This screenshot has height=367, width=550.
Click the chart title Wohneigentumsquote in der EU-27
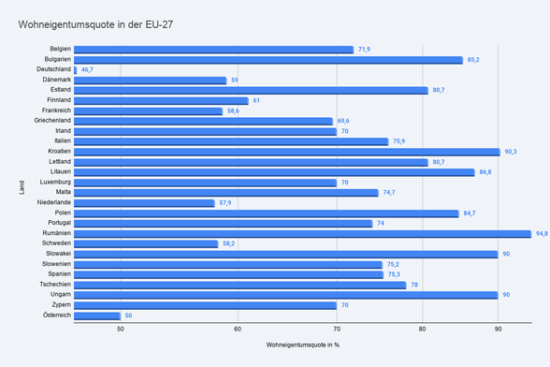[95, 24]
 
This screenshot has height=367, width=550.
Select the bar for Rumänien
[303, 234]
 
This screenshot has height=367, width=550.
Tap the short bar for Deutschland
[76, 70]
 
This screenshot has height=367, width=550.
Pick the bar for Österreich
[97, 316]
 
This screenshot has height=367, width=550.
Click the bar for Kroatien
[287, 152]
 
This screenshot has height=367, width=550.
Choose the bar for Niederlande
[144, 203]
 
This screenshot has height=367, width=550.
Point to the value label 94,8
[542, 233]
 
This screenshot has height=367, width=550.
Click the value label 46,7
[87, 69]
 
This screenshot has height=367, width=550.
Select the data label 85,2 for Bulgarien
[473, 60]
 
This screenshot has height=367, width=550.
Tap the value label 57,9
[225, 202]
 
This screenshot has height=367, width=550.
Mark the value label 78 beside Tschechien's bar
[414, 285]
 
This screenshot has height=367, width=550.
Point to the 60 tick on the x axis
[238, 329]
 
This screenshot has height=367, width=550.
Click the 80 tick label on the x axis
[423, 329]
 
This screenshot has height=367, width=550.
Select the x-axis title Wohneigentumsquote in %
[303, 345]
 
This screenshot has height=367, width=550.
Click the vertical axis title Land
[22, 187]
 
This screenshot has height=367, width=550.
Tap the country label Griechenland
[52, 121]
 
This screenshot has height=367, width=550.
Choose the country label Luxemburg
[55, 182]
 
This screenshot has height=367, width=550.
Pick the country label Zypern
[62, 305]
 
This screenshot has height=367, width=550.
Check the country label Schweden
[56, 243]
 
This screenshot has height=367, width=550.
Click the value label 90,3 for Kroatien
[511, 152]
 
